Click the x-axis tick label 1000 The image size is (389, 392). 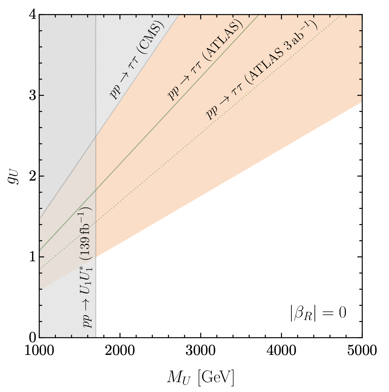[x=39, y=351]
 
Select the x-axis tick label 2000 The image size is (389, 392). [x=120, y=351]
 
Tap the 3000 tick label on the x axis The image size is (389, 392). [x=201, y=351]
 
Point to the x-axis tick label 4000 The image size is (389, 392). [x=281, y=351]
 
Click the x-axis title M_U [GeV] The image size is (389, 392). [x=200, y=377]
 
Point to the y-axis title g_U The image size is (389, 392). [x=13, y=176]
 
